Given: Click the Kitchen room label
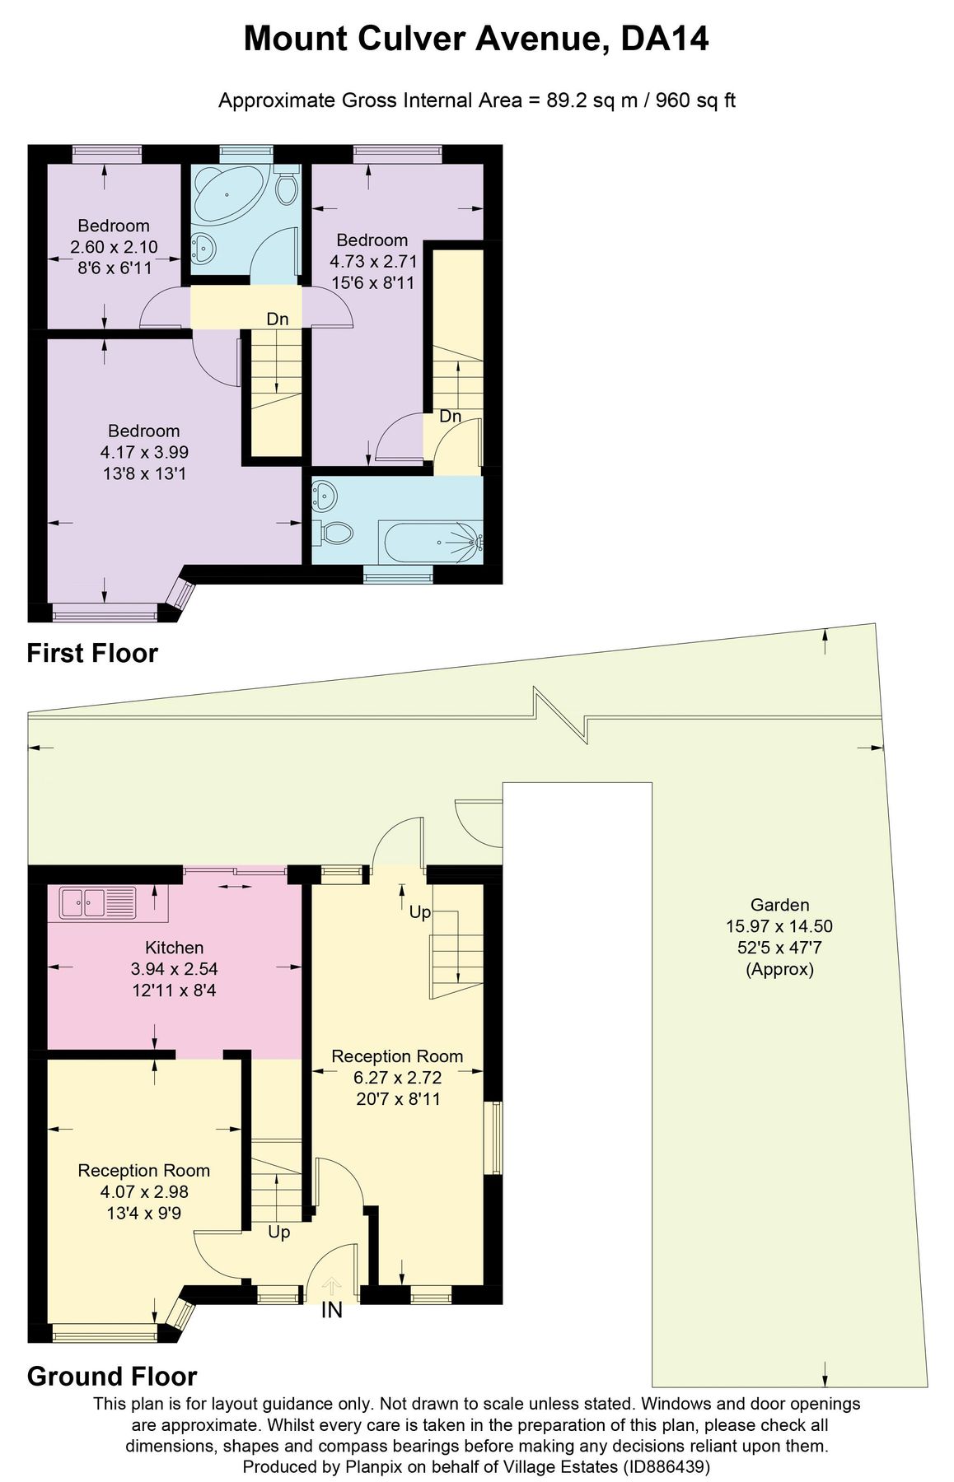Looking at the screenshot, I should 174,947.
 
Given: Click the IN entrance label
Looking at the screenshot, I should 331,1310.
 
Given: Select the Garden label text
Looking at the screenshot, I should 779,904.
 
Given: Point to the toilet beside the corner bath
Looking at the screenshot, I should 287,188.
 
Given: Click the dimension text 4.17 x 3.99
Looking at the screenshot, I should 144,452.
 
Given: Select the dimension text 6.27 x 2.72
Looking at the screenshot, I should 397,1077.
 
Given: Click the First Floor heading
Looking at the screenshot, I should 91,653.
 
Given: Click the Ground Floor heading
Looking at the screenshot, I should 112,1376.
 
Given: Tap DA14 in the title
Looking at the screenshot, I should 664,39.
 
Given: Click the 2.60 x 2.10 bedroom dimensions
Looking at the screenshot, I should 114,247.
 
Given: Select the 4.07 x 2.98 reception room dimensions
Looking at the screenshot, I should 144,1191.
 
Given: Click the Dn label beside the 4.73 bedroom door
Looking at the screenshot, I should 450,417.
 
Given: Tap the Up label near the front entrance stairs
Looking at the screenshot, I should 278,1233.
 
